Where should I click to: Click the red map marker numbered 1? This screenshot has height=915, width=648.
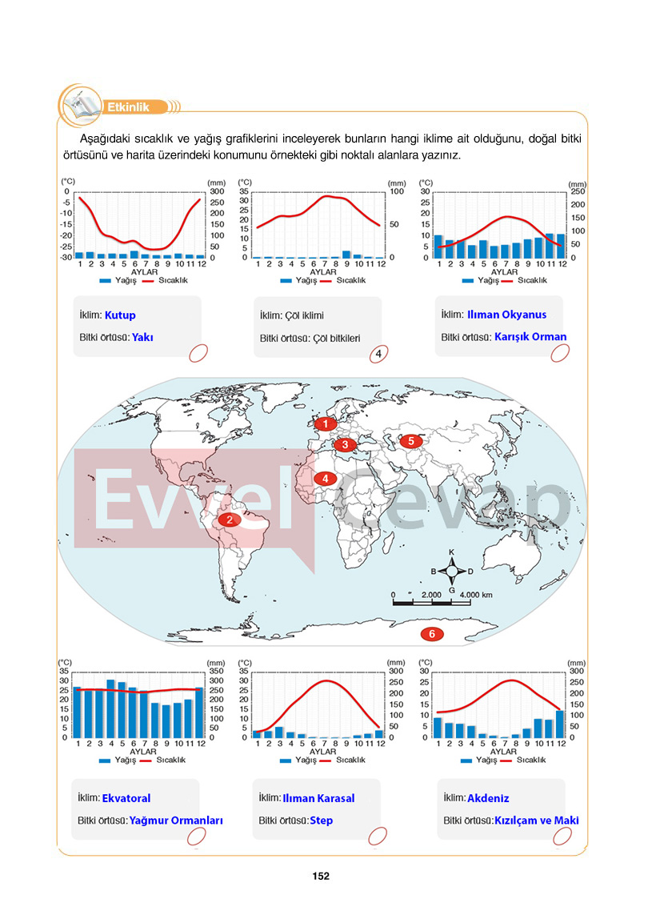[326, 424]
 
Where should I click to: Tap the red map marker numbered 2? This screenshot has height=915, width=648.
[230, 520]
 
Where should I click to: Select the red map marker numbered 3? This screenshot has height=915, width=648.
[345, 444]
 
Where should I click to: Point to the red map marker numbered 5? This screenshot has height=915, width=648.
[410, 441]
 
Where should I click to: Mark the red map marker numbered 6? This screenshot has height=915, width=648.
[432, 634]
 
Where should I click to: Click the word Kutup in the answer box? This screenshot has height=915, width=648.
[120, 315]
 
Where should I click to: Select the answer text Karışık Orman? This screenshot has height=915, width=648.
[530, 337]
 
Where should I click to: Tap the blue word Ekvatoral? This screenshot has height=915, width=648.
[126, 797]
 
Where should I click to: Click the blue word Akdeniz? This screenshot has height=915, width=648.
[488, 797]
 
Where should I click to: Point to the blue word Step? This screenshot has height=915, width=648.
[322, 821]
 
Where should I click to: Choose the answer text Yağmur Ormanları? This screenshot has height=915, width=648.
[176, 821]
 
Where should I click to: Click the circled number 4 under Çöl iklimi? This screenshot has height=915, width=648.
[378, 354]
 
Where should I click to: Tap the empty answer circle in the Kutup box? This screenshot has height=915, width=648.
[198, 353]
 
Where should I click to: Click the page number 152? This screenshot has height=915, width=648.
[321, 876]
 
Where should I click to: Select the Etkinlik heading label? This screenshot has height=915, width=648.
[128, 107]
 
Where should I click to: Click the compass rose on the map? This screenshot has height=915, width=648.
[451, 572]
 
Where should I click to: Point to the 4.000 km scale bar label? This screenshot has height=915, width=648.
[476, 595]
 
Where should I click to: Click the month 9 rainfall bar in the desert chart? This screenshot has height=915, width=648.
[346, 255]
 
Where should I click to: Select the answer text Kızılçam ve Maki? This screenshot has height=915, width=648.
[537, 821]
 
